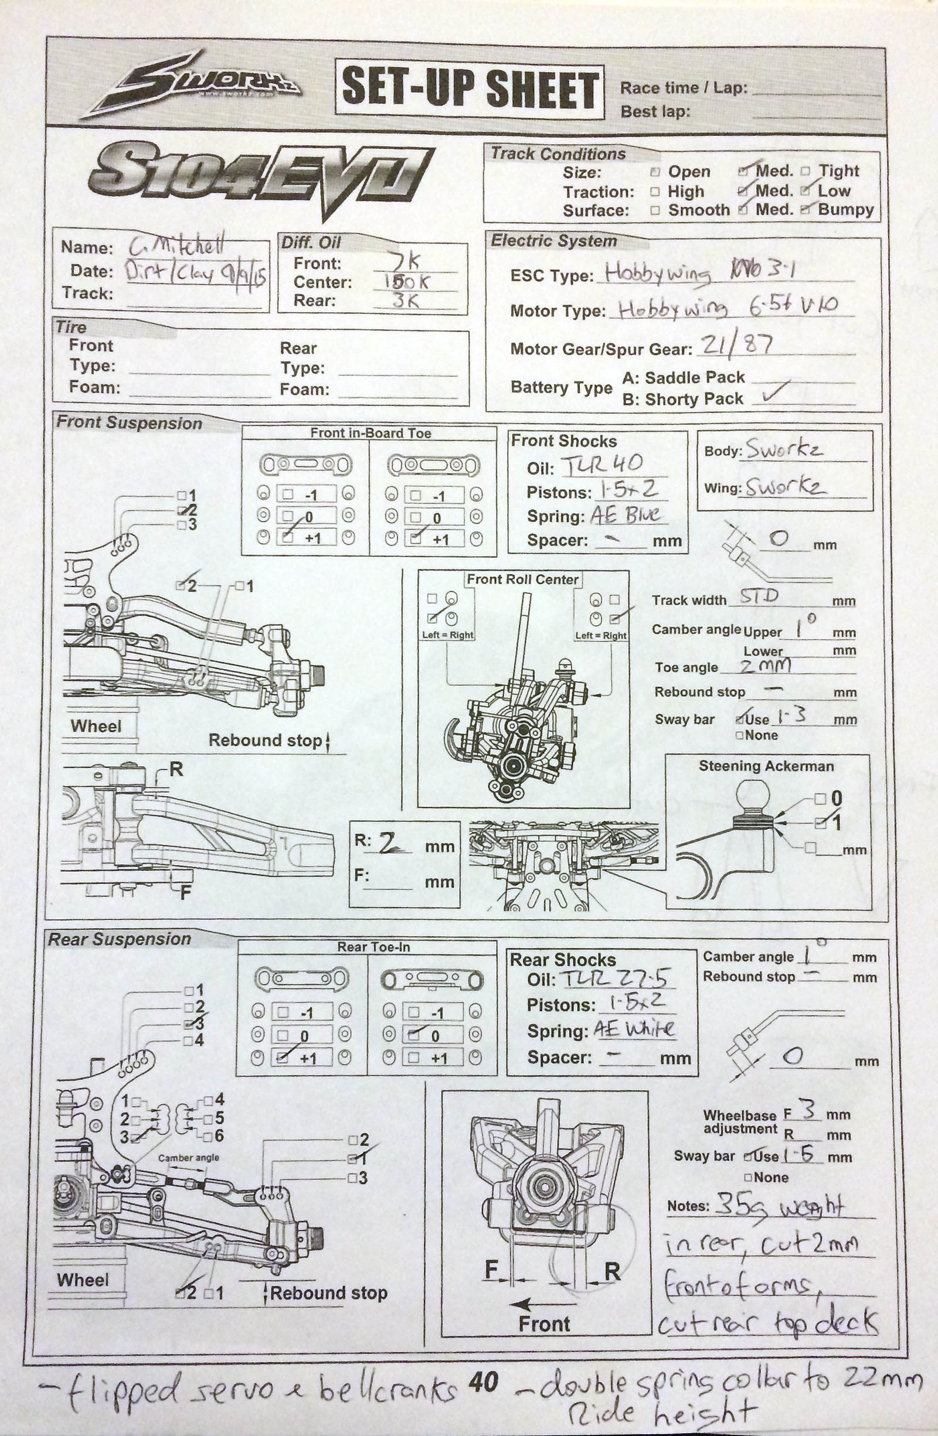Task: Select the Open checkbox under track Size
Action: click(655, 172)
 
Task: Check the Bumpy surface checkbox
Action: click(805, 209)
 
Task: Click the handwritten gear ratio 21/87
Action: click(736, 345)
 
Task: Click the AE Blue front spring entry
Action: click(625, 514)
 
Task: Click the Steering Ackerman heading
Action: click(766, 766)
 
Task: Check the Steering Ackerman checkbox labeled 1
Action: click(820, 823)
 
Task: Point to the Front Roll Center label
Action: click(522, 580)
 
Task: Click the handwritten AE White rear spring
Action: click(634, 1029)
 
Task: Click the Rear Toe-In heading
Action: click(373, 947)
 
